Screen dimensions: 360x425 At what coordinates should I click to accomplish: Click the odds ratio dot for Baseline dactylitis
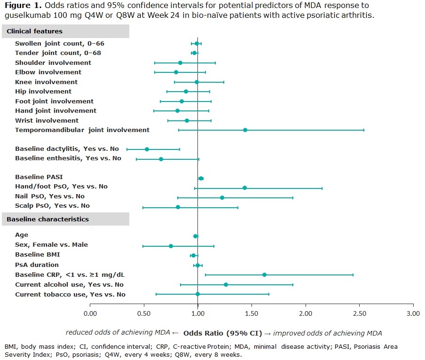(147, 149)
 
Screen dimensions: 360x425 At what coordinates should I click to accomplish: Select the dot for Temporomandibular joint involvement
(245, 130)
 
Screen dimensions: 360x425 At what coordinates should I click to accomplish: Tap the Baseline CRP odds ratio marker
(264, 274)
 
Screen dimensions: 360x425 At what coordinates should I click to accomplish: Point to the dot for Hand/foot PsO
(244, 188)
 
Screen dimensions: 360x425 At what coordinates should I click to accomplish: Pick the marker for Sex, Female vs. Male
(171, 246)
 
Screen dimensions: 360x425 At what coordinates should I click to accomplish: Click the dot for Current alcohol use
(226, 284)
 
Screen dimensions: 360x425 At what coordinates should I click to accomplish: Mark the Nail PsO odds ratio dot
(222, 197)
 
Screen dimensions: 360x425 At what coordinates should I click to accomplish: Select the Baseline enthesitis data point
(161, 159)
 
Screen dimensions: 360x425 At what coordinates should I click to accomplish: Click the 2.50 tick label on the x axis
(359, 313)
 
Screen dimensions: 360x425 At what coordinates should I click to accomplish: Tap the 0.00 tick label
(90, 313)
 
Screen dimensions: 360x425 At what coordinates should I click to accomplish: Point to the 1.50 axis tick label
(252, 313)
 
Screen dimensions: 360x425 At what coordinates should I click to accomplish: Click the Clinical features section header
(35, 31)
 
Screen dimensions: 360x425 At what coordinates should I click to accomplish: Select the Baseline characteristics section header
(48, 219)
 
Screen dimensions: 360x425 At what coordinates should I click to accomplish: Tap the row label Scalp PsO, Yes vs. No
(52, 205)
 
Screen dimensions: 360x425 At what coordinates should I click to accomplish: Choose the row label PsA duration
(37, 265)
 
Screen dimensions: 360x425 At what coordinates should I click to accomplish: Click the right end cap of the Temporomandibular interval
(364, 130)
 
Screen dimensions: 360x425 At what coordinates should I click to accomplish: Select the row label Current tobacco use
(70, 294)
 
